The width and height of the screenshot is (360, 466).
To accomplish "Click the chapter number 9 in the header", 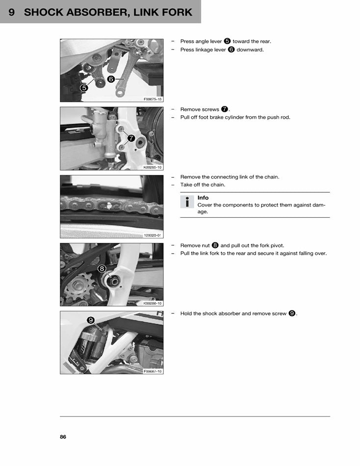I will [x=11, y=12].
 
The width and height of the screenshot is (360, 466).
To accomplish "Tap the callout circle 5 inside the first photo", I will [x=84, y=87].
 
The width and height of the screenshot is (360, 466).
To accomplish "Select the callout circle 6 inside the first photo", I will [x=111, y=78].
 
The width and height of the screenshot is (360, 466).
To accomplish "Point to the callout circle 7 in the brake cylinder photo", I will [x=131, y=138].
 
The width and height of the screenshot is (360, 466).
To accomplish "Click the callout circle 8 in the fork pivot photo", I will [x=102, y=268].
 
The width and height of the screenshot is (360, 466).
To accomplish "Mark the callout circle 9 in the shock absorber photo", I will [x=91, y=320].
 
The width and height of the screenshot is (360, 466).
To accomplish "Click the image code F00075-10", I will [x=153, y=99].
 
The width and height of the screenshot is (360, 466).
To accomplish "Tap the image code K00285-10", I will [x=153, y=167].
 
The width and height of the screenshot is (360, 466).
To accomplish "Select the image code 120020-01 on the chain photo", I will [x=153, y=235].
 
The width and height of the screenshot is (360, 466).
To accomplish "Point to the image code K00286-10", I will [x=153, y=303].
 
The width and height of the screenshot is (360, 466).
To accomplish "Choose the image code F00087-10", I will [x=153, y=371].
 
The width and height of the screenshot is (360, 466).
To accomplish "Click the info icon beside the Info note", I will [x=187, y=202].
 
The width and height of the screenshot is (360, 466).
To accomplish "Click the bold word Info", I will [x=203, y=198].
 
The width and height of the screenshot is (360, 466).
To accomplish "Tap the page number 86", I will [x=63, y=437].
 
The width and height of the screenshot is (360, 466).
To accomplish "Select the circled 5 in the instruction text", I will [x=227, y=41].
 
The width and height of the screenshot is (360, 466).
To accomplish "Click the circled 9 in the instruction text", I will [x=292, y=313].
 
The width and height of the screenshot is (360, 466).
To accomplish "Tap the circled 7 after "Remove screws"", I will [x=225, y=109].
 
